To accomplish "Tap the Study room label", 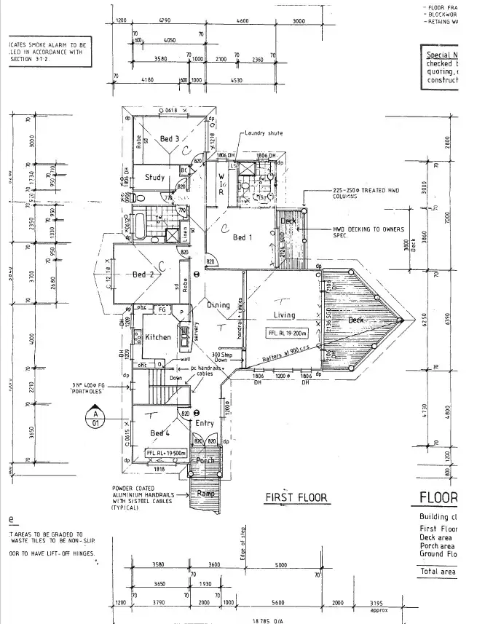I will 155,177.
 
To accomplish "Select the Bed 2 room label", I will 143,275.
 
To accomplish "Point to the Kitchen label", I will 157,337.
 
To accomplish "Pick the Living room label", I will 284,315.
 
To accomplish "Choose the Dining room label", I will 218,305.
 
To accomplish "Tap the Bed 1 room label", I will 242,237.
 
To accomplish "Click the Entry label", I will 205,423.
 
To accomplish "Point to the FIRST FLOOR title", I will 296,498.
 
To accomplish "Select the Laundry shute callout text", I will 264,133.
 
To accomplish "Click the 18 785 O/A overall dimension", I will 268,619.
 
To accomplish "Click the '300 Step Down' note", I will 221,358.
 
